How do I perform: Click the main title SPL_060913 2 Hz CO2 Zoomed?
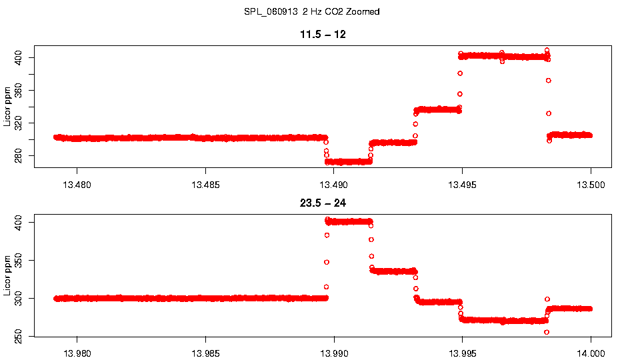point(312,12)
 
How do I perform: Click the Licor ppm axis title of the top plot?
point(7,107)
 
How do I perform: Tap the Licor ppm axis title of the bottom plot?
point(7,276)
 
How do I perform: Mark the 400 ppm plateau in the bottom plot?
point(349,221)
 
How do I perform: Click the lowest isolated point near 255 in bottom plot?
point(547,332)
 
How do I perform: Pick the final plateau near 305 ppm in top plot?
point(570,135)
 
